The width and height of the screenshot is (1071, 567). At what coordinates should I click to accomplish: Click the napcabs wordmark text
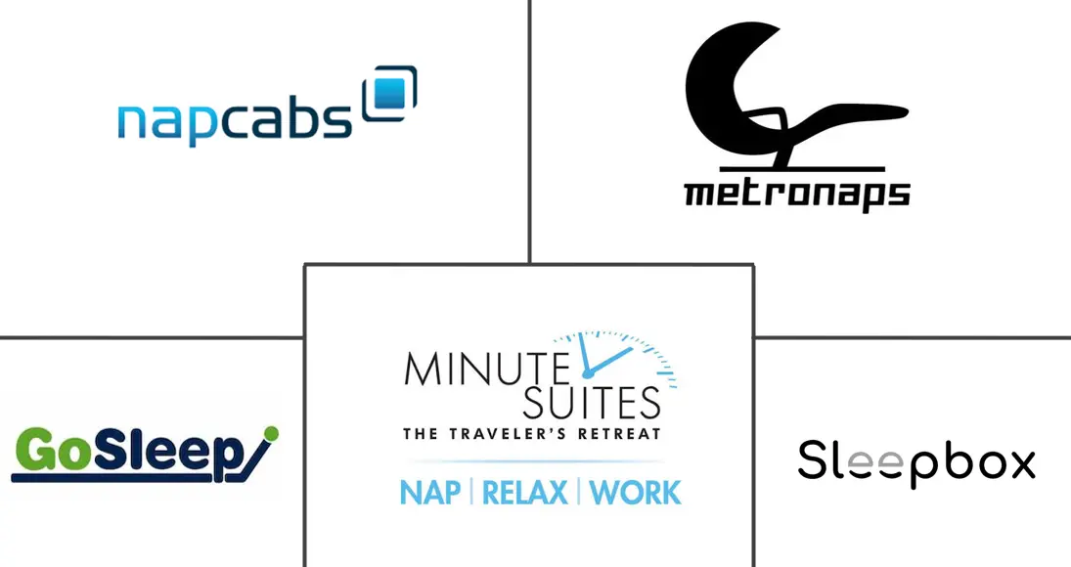(x=235, y=122)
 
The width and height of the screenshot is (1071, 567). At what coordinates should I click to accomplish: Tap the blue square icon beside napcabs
(x=390, y=94)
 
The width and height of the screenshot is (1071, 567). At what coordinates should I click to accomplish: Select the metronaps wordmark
(x=797, y=194)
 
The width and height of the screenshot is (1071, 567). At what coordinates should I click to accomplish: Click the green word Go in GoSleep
(x=53, y=451)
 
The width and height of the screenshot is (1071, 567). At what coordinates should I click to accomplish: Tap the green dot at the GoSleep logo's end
(x=271, y=433)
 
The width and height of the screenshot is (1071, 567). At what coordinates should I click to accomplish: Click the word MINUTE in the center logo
(x=487, y=369)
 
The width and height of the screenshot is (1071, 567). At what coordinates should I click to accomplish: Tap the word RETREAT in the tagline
(x=627, y=434)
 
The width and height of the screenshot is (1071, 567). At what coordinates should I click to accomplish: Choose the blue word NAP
(x=430, y=493)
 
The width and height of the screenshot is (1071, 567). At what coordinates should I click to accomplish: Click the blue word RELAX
(x=524, y=493)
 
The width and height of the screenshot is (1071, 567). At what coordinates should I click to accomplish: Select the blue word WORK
(x=635, y=493)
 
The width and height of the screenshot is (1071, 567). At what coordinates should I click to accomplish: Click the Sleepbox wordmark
(x=916, y=463)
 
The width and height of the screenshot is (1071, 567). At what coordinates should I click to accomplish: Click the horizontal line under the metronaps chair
(x=803, y=168)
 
